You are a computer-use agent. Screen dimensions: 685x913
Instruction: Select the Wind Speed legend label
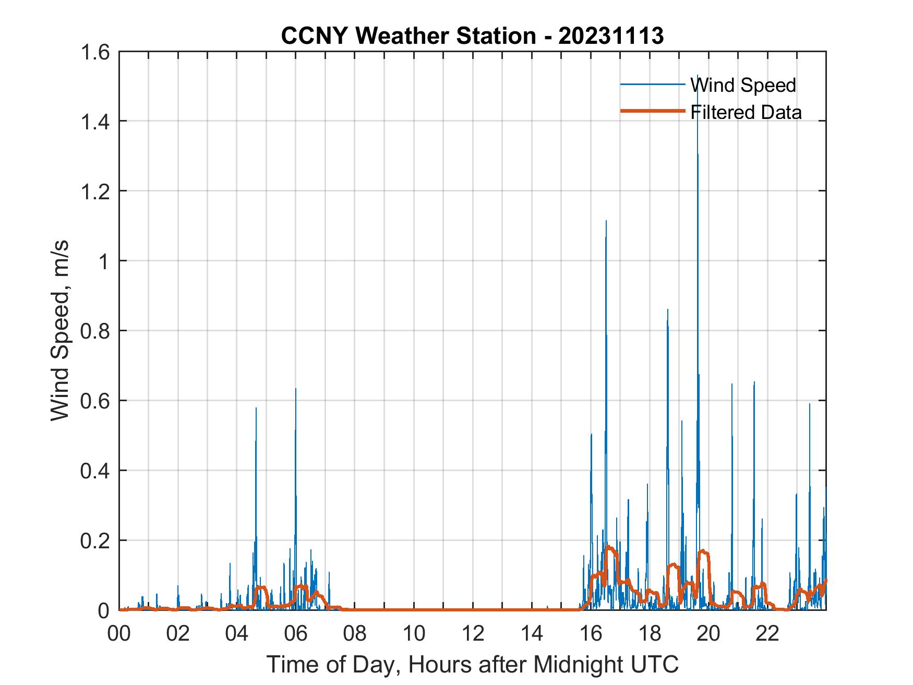tap(743, 85)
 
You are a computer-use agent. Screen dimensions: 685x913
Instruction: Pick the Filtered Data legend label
tap(746, 112)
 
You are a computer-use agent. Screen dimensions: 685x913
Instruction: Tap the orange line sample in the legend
tap(652, 111)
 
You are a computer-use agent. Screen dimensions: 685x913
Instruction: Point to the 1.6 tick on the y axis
tap(94, 52)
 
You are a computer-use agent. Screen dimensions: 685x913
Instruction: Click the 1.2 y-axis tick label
tap(94, 191)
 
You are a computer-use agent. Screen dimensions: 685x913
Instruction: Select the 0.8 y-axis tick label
tap(94, 331)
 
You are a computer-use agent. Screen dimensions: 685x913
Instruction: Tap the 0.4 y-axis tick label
tap(94, 471)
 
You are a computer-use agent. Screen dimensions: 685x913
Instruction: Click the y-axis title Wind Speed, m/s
tap(61, 330)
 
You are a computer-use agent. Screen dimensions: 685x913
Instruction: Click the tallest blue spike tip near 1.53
tap(698, 76)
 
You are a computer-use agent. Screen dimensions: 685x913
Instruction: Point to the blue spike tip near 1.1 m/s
tap(606, 221)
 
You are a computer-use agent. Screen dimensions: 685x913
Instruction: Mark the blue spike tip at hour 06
tap(295, 389)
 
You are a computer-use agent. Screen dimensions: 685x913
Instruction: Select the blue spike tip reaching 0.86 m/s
tap(667, 310)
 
